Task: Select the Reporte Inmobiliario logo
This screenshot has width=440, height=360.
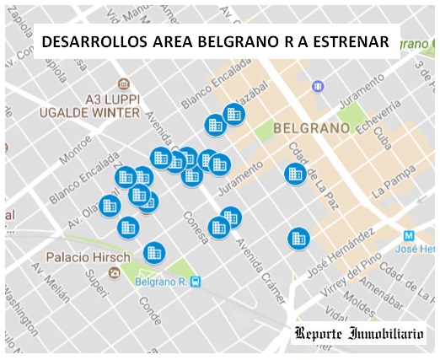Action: pos(360,333)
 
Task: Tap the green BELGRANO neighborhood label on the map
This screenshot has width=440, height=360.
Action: pos(311,128)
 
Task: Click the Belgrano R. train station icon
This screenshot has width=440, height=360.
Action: pos(196,282)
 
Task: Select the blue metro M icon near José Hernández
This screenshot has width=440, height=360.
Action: pos(409,235)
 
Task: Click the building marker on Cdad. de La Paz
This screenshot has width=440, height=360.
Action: pos(294,174)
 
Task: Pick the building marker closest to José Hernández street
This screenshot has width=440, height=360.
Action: pos(297,238)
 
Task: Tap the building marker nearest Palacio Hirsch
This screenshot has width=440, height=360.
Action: pos(153,251)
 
